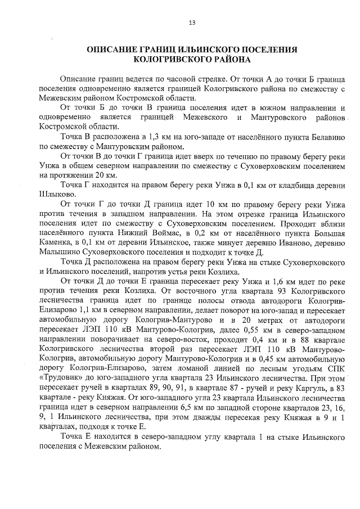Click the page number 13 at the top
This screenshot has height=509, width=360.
pos(192,22)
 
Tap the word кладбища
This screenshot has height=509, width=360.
pos(280,185)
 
